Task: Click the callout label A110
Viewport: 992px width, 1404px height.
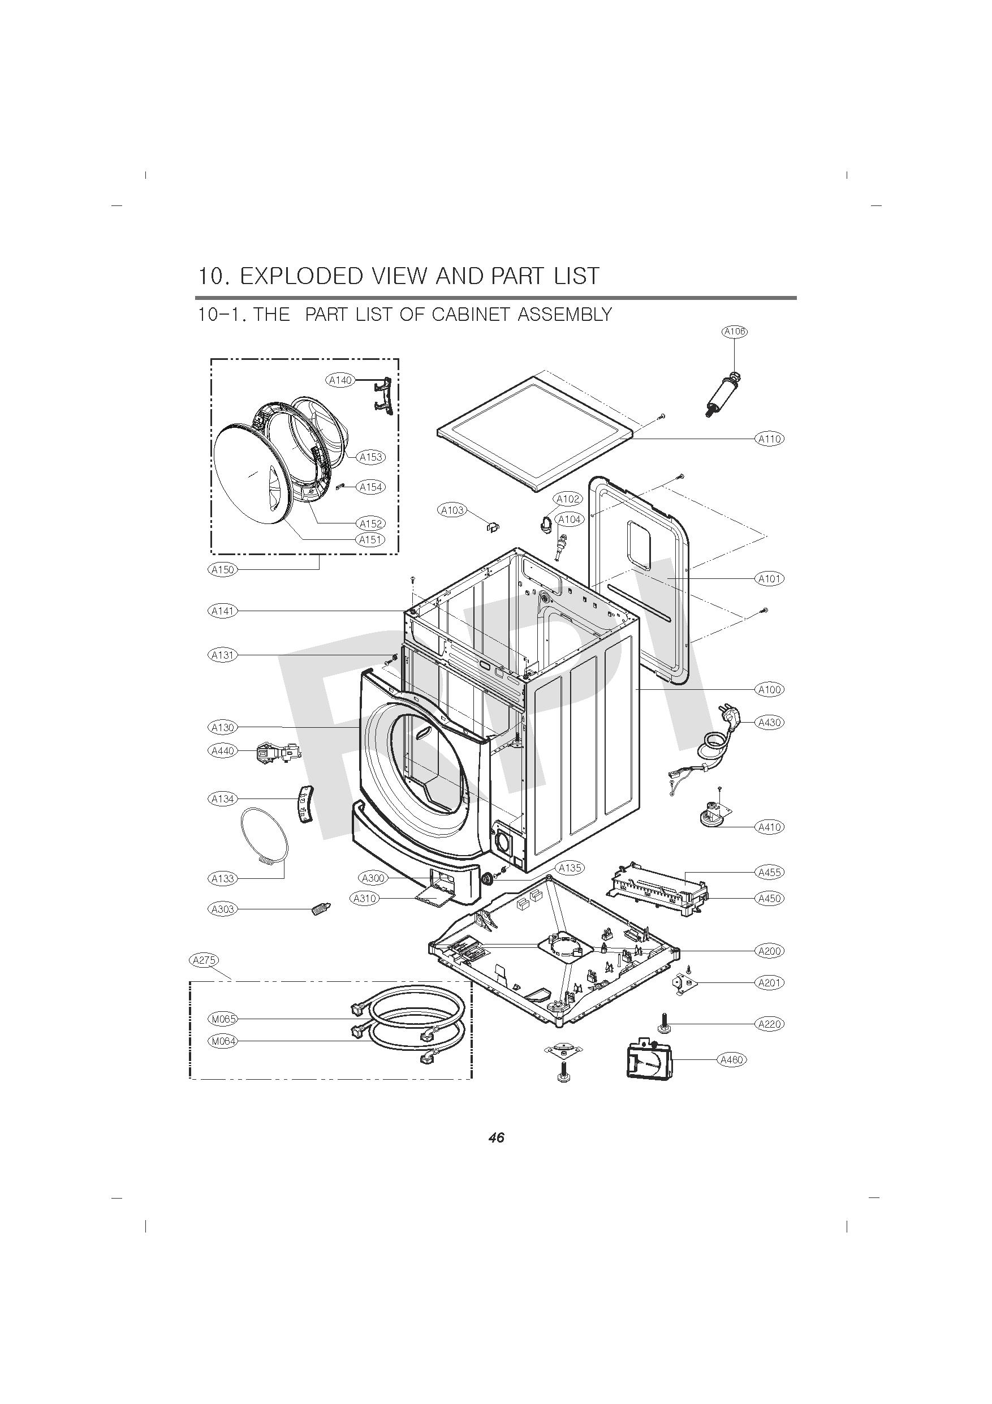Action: coord(770,439)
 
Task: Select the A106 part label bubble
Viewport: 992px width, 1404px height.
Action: coord(734,332)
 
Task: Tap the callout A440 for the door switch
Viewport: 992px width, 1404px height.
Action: coord(222,750)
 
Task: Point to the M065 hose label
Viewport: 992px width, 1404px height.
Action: coord(222,1019)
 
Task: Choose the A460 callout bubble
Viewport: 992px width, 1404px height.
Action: coord(732,1060)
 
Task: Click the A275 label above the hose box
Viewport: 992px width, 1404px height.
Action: coord(204,960)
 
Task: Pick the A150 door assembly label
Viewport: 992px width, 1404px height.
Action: coord(222,569)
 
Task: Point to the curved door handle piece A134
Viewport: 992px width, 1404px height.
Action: coord(303,805)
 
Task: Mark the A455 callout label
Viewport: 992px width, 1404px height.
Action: coord(770,872)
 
